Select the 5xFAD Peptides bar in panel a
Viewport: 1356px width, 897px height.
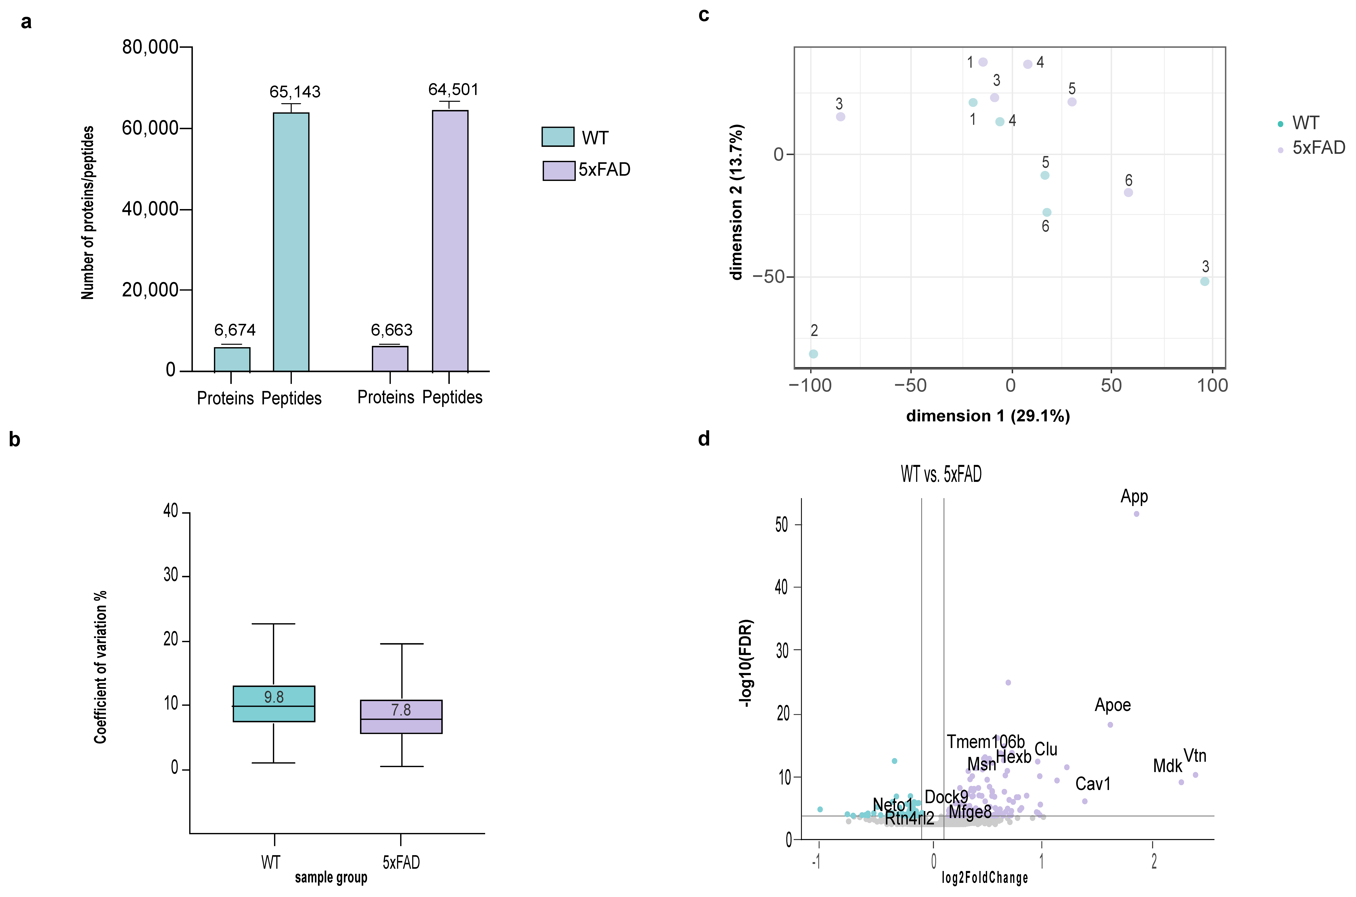(450, 241)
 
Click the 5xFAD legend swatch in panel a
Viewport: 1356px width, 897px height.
(558, 170)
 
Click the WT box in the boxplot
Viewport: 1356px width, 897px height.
(273, 704)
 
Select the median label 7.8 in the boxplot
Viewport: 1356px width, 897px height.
(401, 710)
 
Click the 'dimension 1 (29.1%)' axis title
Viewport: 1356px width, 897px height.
(988, 416)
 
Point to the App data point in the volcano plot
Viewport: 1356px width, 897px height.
(1136, 514)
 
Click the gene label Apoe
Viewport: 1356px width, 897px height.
(1112, 705)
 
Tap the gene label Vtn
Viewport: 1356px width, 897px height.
(1195, 756)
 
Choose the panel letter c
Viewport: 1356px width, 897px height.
(704, 15)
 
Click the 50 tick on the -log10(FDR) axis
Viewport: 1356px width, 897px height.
(782, 525)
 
